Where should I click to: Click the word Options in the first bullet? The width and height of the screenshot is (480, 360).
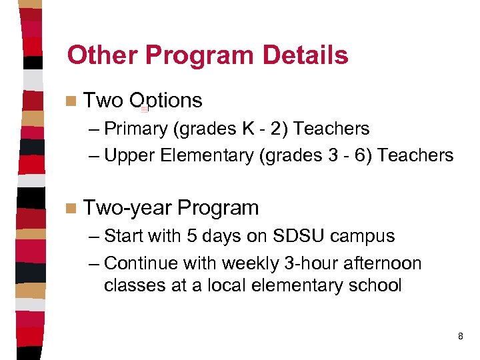coord(166,101)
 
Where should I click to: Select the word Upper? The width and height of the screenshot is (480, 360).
coord(129,155)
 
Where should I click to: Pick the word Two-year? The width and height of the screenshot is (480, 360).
coord(128,208)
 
